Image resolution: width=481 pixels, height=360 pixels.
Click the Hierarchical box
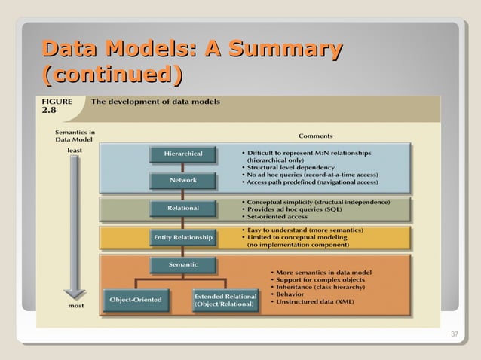point(184,154)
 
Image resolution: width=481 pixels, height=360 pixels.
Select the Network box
point(184,181)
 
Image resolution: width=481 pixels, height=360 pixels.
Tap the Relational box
point(184,208)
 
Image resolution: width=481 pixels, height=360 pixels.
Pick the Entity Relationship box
point(184,237)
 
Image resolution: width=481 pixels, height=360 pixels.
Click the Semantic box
point(184,264)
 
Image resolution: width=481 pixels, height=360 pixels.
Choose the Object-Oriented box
point(135,300)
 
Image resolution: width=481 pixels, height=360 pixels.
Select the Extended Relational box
point(225,301)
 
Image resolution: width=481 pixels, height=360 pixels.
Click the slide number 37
point(454,335)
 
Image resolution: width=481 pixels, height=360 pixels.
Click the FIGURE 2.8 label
point(57,105)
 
